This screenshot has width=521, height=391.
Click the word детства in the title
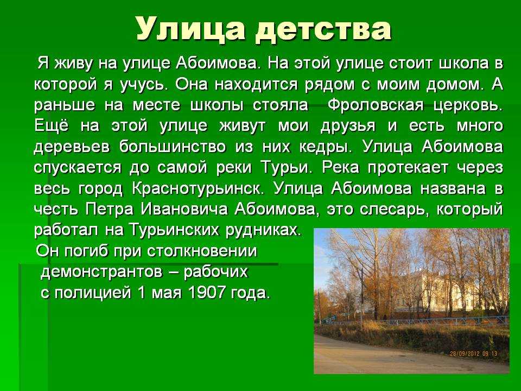(x=324, y=29)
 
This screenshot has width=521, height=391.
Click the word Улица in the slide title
(x=190, y=29)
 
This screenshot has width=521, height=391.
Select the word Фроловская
(x=376, y=105)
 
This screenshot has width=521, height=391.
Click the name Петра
(x=109, y=210)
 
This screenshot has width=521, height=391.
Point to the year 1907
(x=206, y=292)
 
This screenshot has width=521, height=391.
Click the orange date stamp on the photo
(x=473, y=354)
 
